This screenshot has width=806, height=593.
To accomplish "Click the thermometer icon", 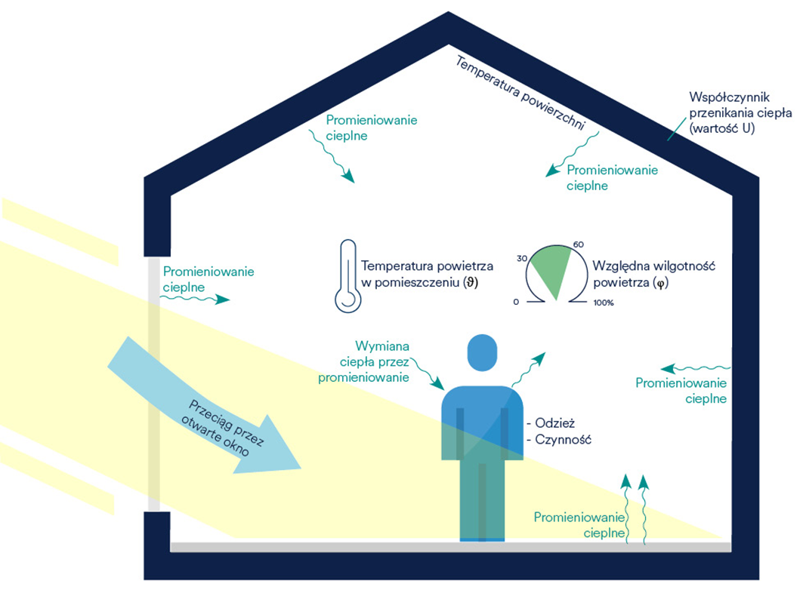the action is (x=348, y=275).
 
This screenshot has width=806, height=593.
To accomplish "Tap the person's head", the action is (x=482, y=353).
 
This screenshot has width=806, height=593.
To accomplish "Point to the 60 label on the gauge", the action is (x=579, y=244).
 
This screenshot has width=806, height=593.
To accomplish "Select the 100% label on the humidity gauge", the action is (x=604, y=303).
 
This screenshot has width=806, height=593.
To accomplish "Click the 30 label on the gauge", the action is (x=522, y=258).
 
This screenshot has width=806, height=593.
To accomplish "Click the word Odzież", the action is (x=555, y=423).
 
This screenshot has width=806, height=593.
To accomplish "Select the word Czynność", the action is (x=564, y=440).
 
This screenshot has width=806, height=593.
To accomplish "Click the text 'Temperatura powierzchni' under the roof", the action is (x=520, y=93).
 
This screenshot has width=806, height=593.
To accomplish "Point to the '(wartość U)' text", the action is (x=722, y=128).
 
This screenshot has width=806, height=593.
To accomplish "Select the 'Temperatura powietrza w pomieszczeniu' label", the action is (x=427, y=274).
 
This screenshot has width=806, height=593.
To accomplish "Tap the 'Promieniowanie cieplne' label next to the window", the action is (x=208, y=279).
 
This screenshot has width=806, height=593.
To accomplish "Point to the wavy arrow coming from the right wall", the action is (x=696, y=368).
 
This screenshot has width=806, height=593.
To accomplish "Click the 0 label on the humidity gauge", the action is (x=516, y=302).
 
